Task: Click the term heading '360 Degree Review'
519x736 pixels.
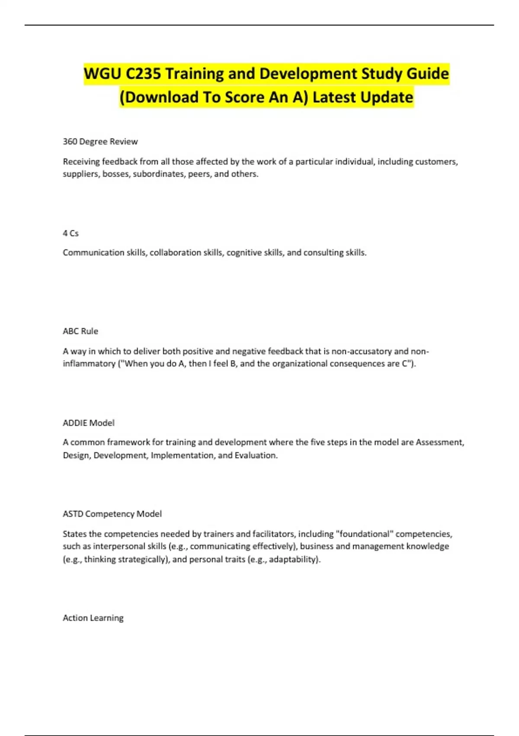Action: (100, 142)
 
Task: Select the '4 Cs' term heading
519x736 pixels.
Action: (70, 233)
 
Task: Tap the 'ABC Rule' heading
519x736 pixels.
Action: (80, 331)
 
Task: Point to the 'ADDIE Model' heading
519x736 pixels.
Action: (89, 423)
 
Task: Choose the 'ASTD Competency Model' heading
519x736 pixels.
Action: (112, 514)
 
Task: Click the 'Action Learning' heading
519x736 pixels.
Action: (93, 618)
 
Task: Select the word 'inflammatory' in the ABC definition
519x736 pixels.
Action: (89, 364)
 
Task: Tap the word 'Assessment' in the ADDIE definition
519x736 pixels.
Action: (439, 442)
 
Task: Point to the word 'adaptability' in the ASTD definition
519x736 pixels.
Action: (293, 559)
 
